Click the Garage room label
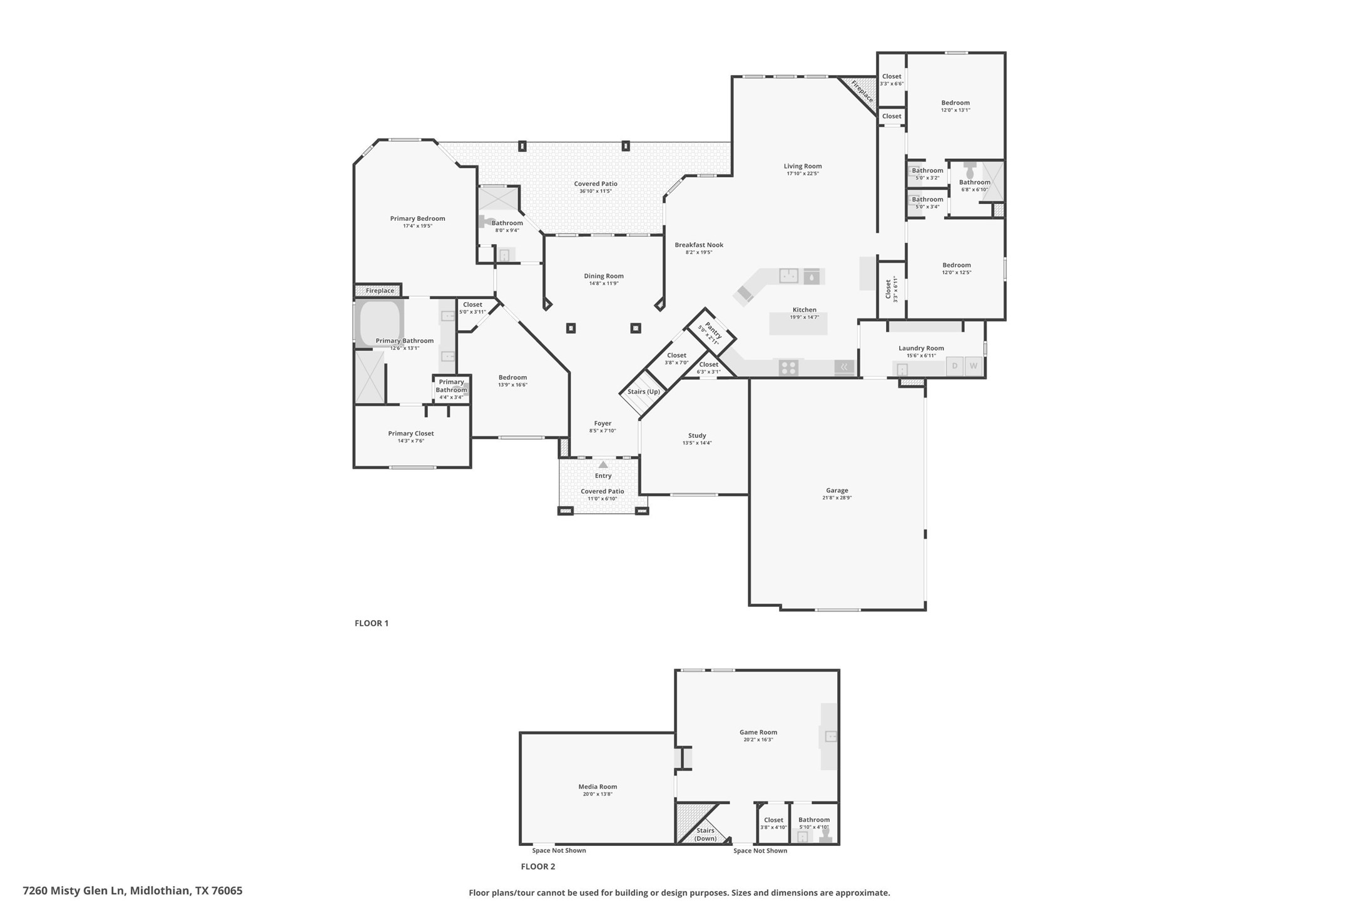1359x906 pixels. pos(837,491)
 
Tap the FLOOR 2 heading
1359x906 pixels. pos(537,867)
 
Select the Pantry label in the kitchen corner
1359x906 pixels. pos(713,330)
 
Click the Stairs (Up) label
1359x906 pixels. pos(643,392)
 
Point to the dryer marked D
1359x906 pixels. pos(954,366)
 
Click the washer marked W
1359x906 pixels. pos(973,366)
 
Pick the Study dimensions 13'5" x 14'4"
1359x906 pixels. pos(696,443)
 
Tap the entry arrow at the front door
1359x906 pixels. pos(603,464)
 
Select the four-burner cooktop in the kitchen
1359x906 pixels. pos(788,367)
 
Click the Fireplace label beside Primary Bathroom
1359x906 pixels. pos(380,290)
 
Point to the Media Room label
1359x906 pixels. pos(597,786)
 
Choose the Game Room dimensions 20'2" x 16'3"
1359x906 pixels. pos(758,740)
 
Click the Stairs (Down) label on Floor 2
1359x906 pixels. pos(705,834)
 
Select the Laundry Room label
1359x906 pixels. pos(921,348)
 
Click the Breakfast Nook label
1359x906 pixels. pos(698,245)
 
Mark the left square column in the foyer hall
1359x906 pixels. pos(571,328)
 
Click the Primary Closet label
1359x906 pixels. pos(410,433)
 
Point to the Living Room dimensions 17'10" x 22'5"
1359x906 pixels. pos(802,173)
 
